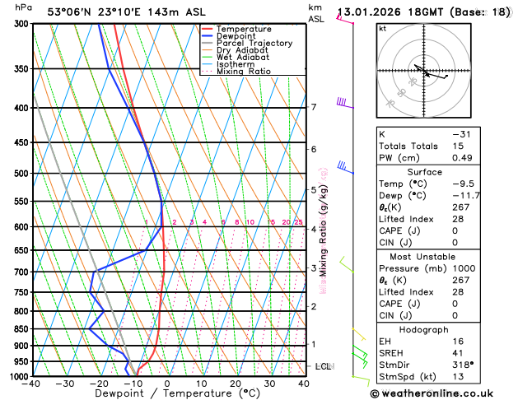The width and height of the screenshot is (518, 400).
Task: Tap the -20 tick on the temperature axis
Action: pos(99,384)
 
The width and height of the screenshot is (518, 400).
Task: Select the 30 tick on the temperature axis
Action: pos(269,384)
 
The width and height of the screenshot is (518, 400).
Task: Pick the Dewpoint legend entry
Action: pos(237,36)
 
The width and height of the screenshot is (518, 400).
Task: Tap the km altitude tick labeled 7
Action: pos(313,108)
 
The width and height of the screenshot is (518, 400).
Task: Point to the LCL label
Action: pos(323,366)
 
